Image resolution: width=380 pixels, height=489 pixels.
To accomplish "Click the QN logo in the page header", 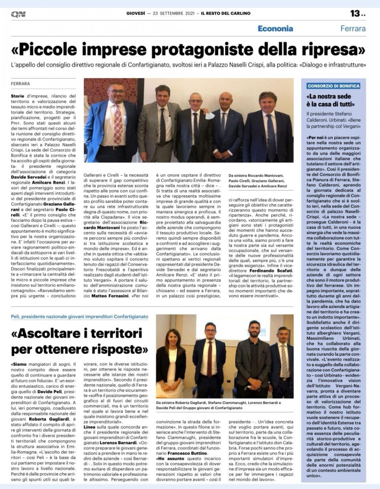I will point(18,14).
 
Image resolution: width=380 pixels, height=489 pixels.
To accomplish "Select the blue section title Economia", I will point(275,29).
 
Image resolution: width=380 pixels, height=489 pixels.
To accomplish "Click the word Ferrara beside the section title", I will point(353,29).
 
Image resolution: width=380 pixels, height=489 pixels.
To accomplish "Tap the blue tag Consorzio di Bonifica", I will point(334,86).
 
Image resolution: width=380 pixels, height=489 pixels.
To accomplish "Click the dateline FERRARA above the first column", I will point(20,83).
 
